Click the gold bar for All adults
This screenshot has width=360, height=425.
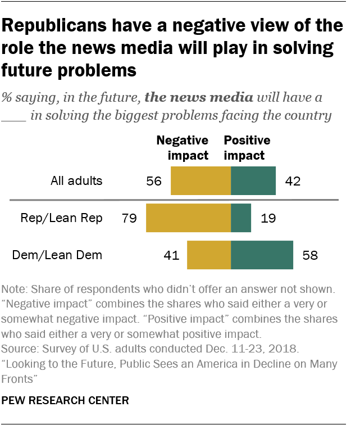click(x=200, y=181)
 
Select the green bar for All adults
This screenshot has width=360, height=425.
click(x=253, y=181)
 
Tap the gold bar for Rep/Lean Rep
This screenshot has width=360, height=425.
click(x=188, y=218)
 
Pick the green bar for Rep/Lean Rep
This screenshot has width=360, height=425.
click(x=241, y=218)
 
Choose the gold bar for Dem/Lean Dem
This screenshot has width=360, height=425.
click(x=209, y=255)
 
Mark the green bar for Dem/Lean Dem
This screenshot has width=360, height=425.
click(x=262, y=255)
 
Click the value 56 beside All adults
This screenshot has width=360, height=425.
click(x=153, y=182)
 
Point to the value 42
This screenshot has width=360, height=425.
click(x=293, y=182)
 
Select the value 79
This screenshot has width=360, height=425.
click(x=129, y=219)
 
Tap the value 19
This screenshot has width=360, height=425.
click(x=268, y=219)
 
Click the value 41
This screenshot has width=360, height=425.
click(x=171, y=256)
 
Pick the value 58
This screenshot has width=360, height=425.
click(x=310, y=256)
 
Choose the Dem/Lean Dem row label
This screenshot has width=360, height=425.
click(x=57, y=255)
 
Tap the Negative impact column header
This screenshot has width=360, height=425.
click(x=182, y=147)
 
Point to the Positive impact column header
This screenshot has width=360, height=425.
click(x=247, y=147)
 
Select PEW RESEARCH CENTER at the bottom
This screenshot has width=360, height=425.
click(x=66, y=401)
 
